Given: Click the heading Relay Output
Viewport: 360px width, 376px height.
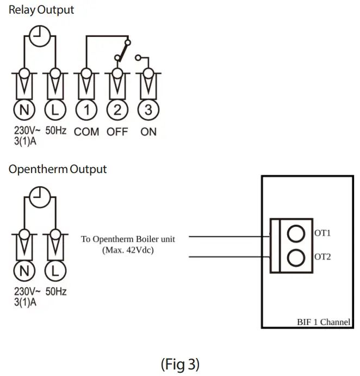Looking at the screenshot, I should click(x=41, y=10).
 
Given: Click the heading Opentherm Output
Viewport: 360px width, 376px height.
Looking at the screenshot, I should click(x=58, y=169).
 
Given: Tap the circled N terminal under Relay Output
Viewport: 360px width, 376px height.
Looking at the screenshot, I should click(x=24, y=110).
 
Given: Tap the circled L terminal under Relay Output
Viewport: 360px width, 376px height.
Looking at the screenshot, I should click(x=55, y=110).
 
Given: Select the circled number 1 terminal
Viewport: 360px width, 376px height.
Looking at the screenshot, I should click(x=86, y=110).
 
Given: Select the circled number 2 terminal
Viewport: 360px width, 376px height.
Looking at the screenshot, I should click(x=117, y=110).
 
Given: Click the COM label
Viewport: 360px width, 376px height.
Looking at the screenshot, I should click(x=86, y=132).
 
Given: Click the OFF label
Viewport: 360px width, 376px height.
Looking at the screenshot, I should click(x=117, y=132).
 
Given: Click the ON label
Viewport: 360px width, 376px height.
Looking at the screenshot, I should click(x=148, y=132).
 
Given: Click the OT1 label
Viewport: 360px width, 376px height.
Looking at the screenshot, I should click(x=322, y=233).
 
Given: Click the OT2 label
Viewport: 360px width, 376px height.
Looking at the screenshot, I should click(x=322, y=257).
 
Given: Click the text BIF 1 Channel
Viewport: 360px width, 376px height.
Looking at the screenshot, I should click(x=323, y=322).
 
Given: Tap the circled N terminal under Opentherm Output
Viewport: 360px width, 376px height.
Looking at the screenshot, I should click(x=24, y=270).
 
